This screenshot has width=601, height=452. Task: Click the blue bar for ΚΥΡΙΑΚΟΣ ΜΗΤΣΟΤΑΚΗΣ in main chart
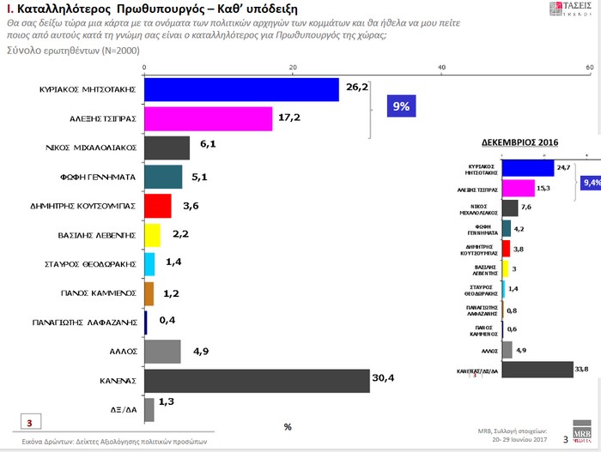[x=241, y=89]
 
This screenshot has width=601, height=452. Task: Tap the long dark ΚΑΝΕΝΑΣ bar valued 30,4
[x=257, y=380]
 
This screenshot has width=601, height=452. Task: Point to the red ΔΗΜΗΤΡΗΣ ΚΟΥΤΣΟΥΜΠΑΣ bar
[x=158, y=206]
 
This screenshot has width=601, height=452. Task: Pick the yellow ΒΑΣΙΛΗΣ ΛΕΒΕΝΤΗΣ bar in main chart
[x=152, y=235]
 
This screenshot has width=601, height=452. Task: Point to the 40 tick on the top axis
[x=442, y=68]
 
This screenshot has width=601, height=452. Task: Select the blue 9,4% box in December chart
[x=591, y=183]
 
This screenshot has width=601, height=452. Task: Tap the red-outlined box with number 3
[x=29, y=423]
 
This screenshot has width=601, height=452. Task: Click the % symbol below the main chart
[x=288, y=426]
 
